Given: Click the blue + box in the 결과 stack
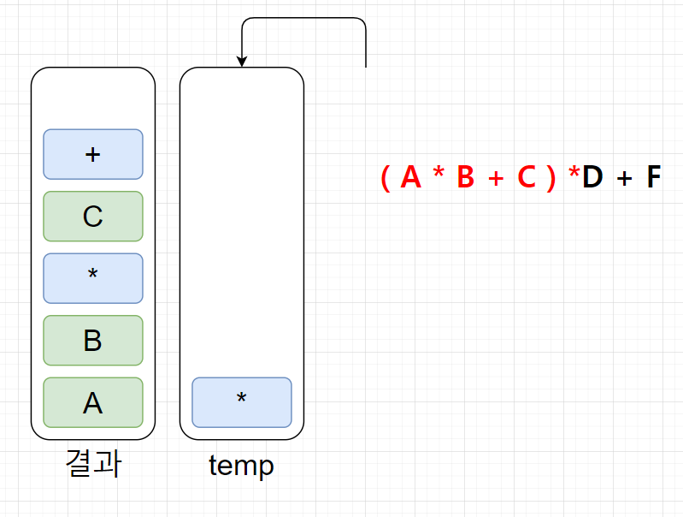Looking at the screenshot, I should (x=93, y=154).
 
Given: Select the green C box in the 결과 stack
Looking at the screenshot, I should (x=93, y=217).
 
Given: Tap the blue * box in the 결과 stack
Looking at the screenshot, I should (x=93, y=278).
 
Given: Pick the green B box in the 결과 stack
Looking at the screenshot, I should (x=93, y=341).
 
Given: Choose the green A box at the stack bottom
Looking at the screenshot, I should (x=93, y=402).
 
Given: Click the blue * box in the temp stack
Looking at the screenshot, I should (x=242, y=402).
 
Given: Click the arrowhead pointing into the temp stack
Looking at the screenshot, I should (x=242, y=62).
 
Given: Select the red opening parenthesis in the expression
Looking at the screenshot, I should (x=386, y=178).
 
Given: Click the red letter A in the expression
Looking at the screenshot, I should (x=410, y=177).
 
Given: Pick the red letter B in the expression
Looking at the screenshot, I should (x=466, y=177).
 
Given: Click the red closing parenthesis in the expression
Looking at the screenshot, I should (x=551, y=178).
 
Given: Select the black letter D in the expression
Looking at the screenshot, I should (x=592, y=177).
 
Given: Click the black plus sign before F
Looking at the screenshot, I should (x=624, y=178).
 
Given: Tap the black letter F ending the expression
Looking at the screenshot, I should (x=653, y=177).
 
